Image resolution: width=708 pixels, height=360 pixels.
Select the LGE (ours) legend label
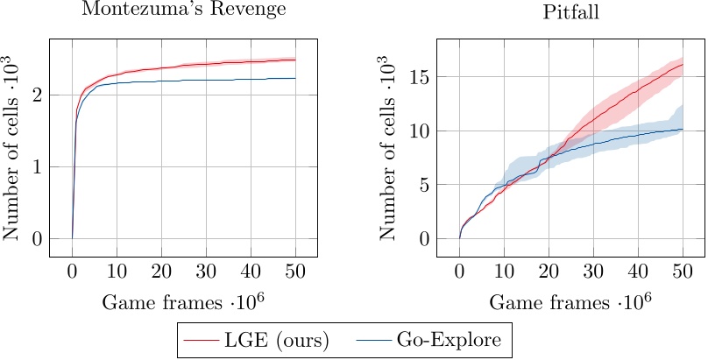(280, 340)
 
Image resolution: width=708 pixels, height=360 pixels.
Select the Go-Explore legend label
(455, 340)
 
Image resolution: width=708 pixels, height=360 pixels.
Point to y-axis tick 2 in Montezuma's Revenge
(36, 95)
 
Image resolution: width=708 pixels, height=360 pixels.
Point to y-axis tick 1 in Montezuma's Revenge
(36, 166)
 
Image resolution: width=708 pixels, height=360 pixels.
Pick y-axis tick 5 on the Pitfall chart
(424, 185)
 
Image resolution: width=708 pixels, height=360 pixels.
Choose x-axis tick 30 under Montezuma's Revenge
(206, 271)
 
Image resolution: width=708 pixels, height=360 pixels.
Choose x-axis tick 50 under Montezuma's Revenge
(295, 271)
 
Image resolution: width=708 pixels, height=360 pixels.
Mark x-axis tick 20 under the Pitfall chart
(549, 271)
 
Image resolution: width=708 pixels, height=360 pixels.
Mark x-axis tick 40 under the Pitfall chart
(638, 271)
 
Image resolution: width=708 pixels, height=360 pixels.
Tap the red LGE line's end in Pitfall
(683, 65)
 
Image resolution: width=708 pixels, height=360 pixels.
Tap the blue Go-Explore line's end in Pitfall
(683, 129)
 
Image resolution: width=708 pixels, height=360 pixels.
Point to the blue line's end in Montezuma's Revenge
(295, 78)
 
